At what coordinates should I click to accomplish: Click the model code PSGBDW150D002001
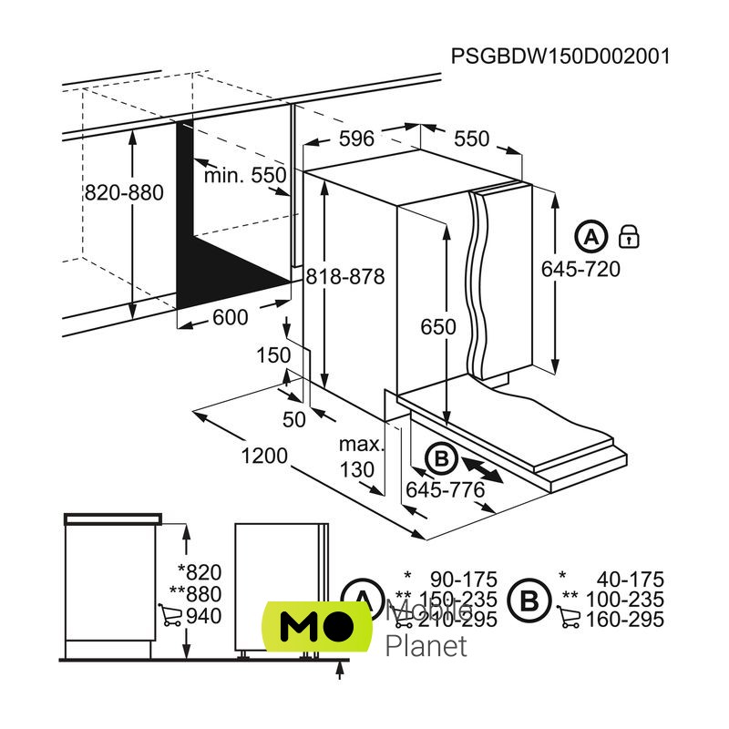560,56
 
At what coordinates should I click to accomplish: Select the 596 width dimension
356,139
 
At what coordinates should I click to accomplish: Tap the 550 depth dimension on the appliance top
472,139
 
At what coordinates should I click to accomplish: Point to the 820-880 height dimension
123,193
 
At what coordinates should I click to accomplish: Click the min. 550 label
244,175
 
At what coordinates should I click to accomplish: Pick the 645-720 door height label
580,269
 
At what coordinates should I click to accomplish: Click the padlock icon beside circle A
629,237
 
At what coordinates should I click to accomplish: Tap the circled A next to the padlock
591,237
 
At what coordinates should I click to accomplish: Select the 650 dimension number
437,328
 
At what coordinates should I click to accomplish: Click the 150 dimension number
272,354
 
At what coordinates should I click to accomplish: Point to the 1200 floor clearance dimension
264,456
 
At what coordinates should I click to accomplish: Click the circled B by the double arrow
441,459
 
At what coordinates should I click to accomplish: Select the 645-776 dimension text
445,490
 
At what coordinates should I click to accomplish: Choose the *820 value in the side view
200,572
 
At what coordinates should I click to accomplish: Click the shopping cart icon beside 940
169,617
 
